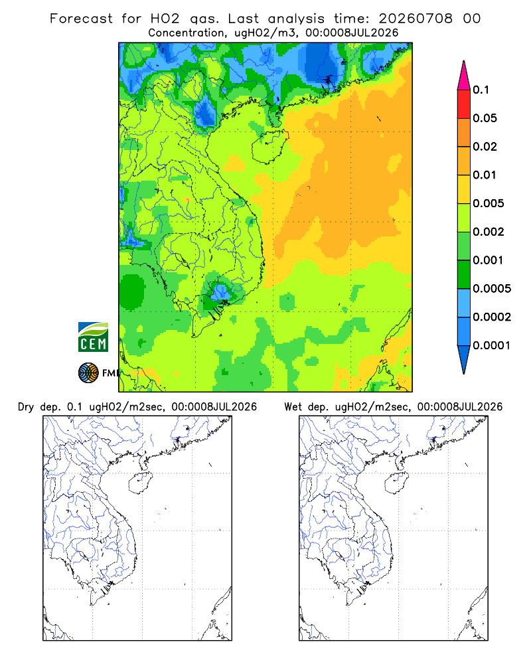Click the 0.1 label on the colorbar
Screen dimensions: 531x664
coord(481,90)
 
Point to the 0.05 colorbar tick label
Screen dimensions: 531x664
coord(485,118)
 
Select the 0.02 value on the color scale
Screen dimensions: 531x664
coord(485,147)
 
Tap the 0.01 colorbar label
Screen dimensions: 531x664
coord(485,175)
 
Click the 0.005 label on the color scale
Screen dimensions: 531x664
coord(489,203)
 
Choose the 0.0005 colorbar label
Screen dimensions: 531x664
coord(492,288)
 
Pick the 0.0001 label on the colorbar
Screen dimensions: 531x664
coord(492,345)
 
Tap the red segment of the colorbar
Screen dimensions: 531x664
coord(464,104)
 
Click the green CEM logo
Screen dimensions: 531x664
coord(93,337)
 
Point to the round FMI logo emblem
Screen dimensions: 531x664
coord(88,373)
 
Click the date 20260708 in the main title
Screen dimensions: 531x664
coord(416,19)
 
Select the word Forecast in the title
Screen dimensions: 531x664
coord(81,19)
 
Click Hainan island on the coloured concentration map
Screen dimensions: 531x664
coord(269,146)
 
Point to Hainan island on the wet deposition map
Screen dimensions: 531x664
coord(397,483)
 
